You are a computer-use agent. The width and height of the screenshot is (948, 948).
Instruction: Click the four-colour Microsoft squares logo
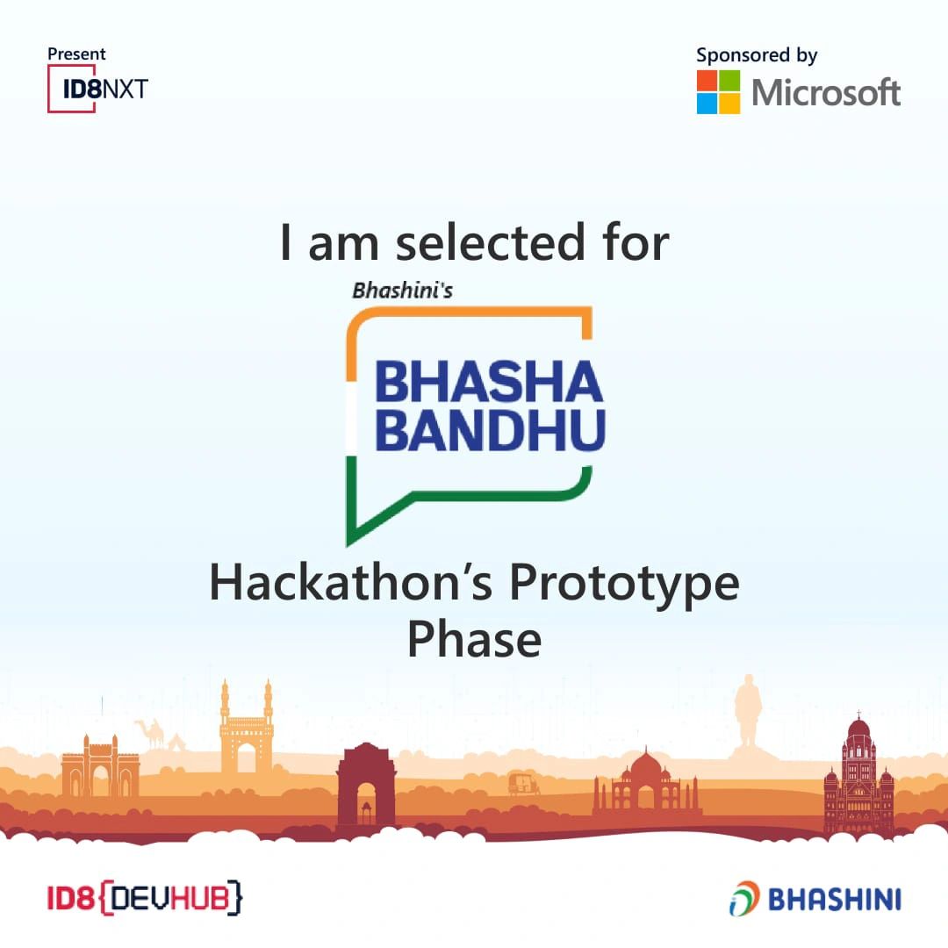pos(718,92)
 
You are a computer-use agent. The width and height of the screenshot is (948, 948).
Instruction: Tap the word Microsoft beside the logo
pos(826,92)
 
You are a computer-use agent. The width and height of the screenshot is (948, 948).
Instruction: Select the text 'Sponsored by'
pos(757,55)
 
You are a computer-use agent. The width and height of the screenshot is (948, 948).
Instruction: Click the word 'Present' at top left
pos(76,54)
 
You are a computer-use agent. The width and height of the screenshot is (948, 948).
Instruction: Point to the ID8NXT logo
pos(97,89)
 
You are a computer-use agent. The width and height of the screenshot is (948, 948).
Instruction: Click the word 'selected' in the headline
pos(491,242)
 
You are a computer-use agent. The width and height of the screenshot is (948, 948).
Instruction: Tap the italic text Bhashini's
pos(403,291)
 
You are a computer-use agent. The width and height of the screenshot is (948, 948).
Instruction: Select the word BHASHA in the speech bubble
pos(489,382)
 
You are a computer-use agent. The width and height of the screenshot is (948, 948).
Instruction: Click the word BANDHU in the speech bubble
pos(490,430)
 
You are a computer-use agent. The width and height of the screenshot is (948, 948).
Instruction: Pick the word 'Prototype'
pos(625,585)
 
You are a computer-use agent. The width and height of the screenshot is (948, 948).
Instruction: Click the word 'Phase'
pos(475,639)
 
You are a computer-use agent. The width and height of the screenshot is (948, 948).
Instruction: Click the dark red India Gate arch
pos(366,785)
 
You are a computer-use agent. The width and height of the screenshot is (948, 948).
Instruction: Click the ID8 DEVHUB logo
pos(145,898)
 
